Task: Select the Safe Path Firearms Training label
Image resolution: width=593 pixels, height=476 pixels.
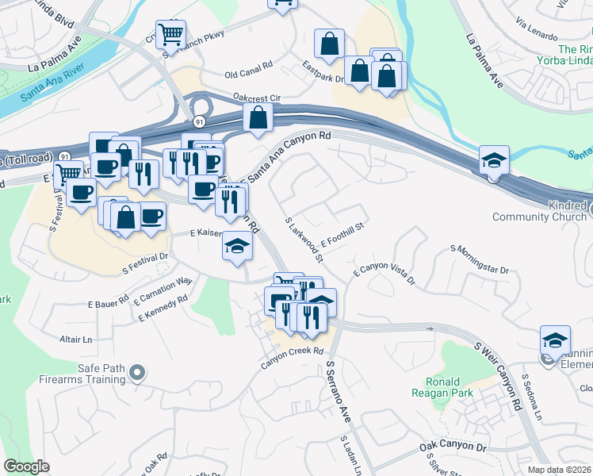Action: [x=79, y=374]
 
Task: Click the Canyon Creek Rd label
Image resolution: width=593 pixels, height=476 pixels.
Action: [x=293, y=350]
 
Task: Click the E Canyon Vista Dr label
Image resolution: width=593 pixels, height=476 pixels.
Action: [x=384, y=273]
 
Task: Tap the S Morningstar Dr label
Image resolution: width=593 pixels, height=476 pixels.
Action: [x=480, y=261]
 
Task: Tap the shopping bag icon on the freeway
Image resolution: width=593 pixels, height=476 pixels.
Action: [x=258, y=118]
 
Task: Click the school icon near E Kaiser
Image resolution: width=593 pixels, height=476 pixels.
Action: [x=237, y=248]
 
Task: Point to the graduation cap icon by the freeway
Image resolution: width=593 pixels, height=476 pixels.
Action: [x=494, y=161]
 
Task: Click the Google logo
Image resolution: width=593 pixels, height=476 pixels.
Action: [x=27, y=466]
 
